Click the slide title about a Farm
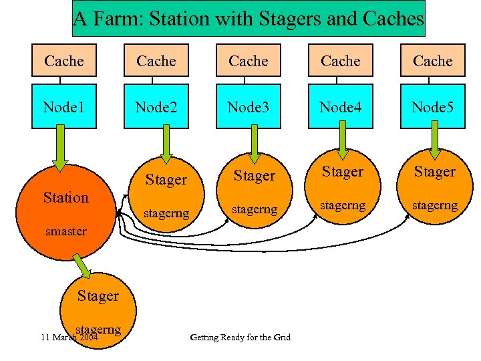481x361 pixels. click(x=248, y=19)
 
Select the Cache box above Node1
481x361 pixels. click(x=64, y=61)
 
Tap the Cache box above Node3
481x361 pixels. click(x=249, y=61)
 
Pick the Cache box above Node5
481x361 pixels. click(x=433, y=61)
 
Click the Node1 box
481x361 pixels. click(x=64, y=106)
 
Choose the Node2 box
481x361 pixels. click(x=156, y=106)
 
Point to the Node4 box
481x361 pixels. click(x=341, y=106)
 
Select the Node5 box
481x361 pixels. click(x=433, y=106)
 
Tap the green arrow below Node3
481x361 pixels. click(x=254, y=144)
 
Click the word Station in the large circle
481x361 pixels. click(x=65, y=197)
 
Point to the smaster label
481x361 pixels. click(x=65, y=231)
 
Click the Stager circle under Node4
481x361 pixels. click(x=342, y=187)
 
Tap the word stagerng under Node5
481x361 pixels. click(x=434, y=205)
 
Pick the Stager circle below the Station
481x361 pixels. click(x=98, y=304)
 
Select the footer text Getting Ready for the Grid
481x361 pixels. click(x=240, y=337)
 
